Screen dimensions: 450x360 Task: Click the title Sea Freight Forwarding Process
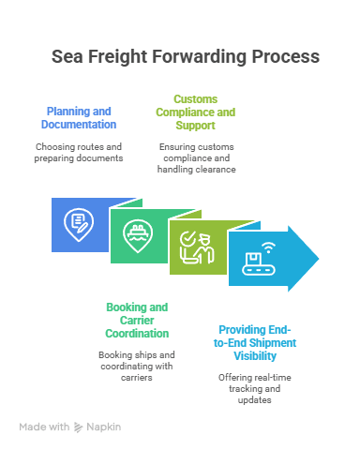tap(185, 57)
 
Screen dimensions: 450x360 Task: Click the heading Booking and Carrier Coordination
tap(137, 320)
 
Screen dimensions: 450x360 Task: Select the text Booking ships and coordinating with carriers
tap(137, 362)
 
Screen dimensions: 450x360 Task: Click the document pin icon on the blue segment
tap(78, 225)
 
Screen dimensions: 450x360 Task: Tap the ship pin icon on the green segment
tap(137, 237)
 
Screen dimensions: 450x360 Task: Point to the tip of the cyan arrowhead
tap(319, 258)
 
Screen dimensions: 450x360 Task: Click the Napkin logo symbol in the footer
tap(81, 427)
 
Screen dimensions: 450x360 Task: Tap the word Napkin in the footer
tap(105, 427)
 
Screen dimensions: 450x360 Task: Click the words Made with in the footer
tap(44, 427)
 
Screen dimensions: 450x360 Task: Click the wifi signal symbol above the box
tap(268, 248)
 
